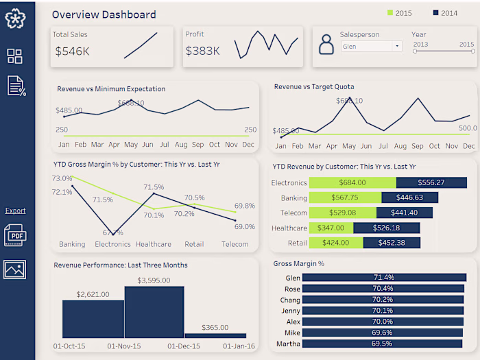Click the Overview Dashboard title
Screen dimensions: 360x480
[x=104, y=14]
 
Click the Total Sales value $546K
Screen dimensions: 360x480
[x=73, y=51]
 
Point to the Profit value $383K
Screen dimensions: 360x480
[x=202, y=51]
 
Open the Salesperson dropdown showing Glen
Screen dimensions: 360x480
[x=371, y=47]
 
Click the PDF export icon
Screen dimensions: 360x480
[x=14, y=235]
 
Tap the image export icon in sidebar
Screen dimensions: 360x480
[x=14, y=269]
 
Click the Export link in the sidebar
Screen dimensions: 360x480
[x=15, y=211]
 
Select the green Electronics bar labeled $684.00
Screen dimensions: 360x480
[x=352, y=182]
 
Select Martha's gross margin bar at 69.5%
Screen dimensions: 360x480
[x=383, y=344]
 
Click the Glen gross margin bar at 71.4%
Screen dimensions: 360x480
[x=383, y=277]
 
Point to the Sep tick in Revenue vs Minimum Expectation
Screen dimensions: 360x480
[x=197, y=145]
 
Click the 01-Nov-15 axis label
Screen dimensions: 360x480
[x=124, y=346]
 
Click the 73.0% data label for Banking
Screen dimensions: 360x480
[x=62, y=178]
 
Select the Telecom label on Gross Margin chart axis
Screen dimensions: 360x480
[x=235, y=244]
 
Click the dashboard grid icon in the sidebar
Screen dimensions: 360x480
[x=14, y=56]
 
